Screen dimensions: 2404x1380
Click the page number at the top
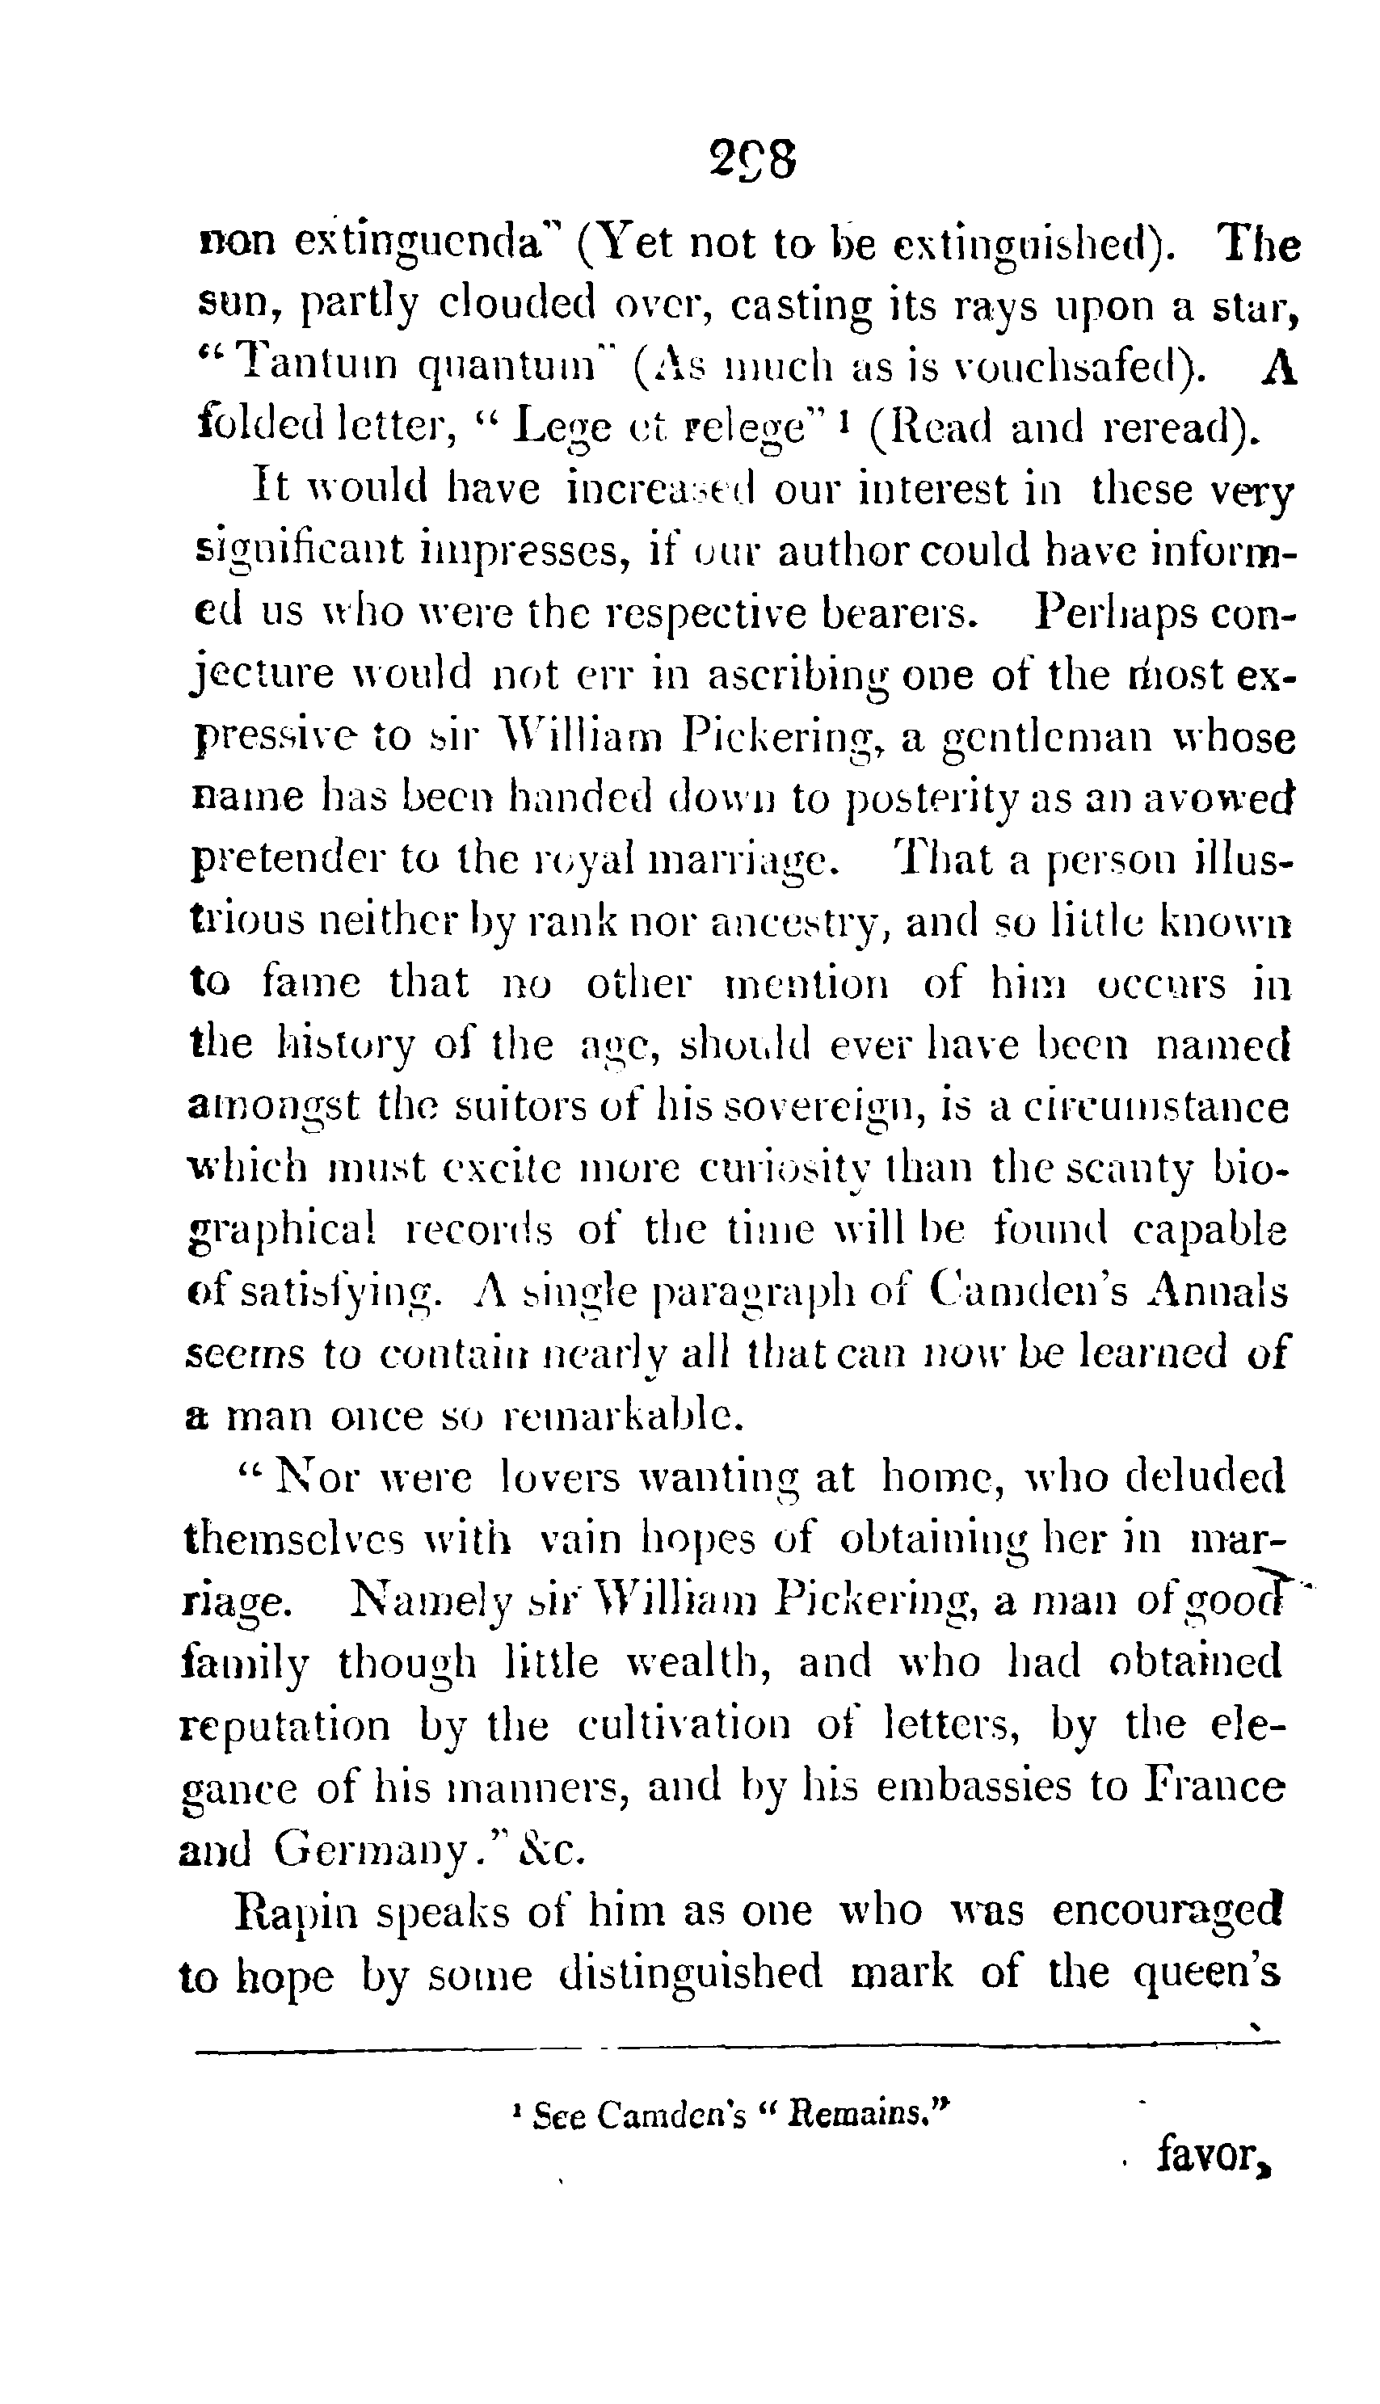751,160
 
